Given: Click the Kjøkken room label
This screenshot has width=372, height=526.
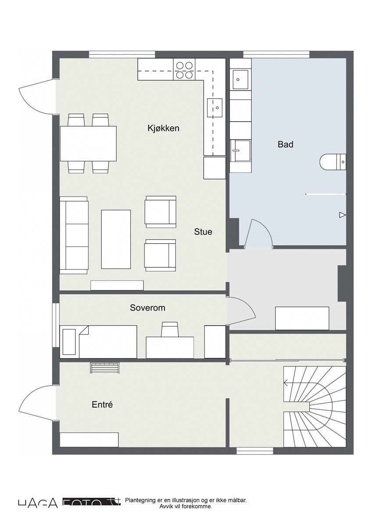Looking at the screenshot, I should pyautogui.click(x=163, y=128).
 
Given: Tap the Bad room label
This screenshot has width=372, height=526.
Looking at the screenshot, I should pyautogui.click(x=285, y=144).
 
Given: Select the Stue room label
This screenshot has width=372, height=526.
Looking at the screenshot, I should pyautogui.click(x=203, y=231).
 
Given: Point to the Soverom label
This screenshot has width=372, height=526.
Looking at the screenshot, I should pyautogui.click(x=147, y=308).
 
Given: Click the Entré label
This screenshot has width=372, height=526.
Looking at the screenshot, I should pyautogui.click(x=102, y=405).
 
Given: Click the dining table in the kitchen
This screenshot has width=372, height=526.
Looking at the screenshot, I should pyautogui.click(x=89, y=143).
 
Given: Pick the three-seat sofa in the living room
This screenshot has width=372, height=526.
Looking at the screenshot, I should pyautogui.click(x=74, y=235).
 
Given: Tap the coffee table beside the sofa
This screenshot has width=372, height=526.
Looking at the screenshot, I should pyautogui.click(x=116, y=239).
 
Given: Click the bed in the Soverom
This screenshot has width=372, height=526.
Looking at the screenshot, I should pyautogui.click(x=99, y=342).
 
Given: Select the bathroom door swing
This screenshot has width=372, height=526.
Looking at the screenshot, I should pyautogui.click(x=259, y=233).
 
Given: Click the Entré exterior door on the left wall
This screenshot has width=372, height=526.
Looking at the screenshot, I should pyautogui.click(x=37, y=401).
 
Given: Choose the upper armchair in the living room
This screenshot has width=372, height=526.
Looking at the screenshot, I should pyautogui.click(x=161, y=212).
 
